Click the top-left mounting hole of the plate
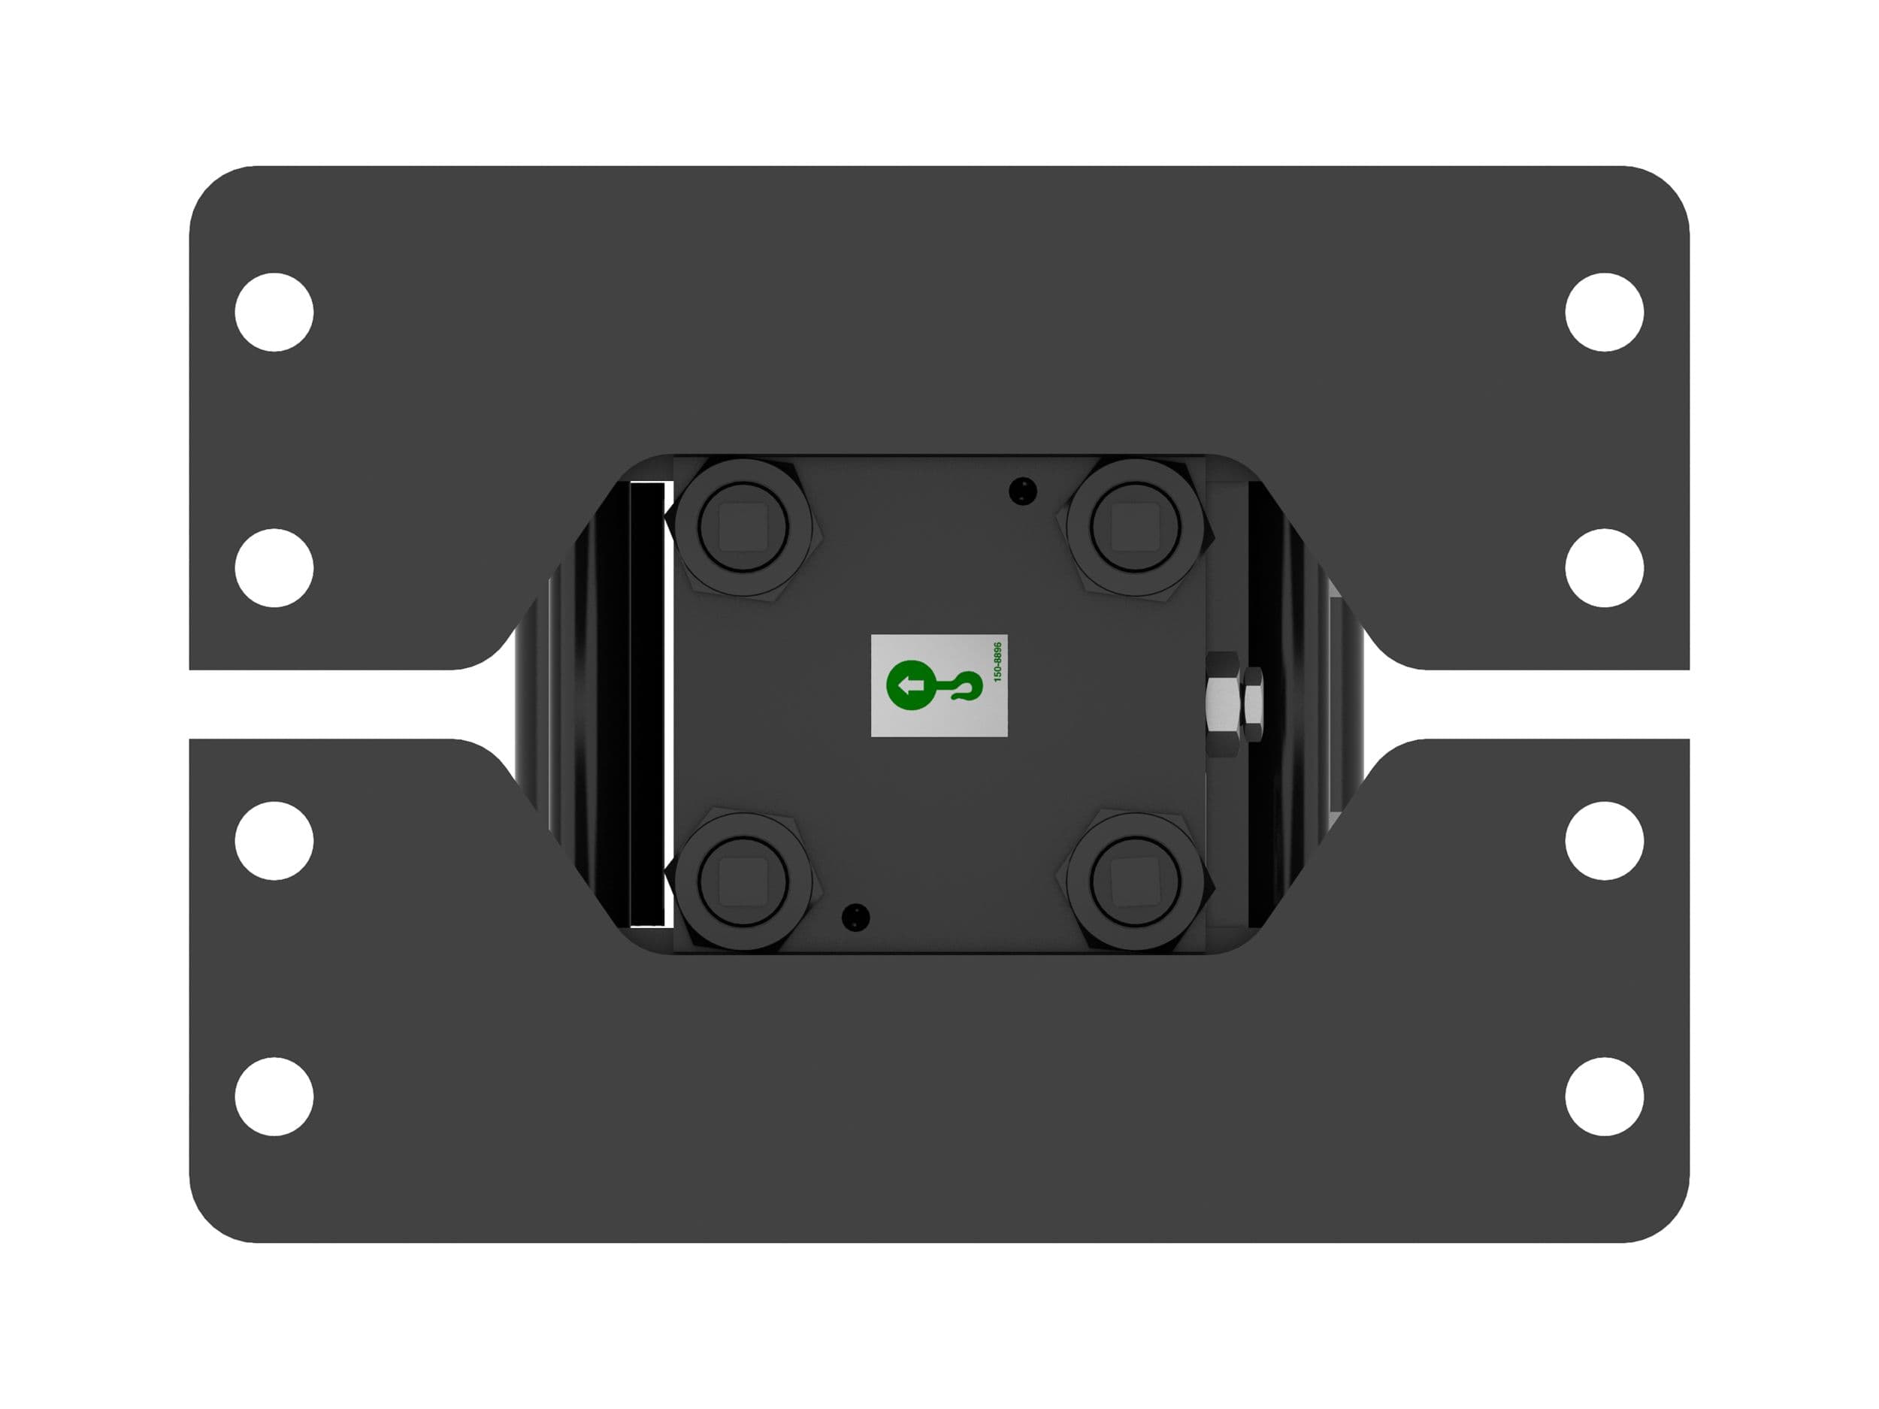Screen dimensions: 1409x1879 click(x=274, y=312)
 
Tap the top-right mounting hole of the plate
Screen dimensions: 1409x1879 click(x=1604, y=312)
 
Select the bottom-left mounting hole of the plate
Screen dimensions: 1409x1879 click(x=274, y=1096)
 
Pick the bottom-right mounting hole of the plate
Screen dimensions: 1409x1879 click(x=1604, y=1096)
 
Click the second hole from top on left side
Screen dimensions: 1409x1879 click(x=274, y=567)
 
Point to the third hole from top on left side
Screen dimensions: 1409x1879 click(x=274, y=841)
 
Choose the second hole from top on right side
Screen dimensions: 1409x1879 click(x=1604, y=567)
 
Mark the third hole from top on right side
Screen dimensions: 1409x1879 click(x=1604, y=841)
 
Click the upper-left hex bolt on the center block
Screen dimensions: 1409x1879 click(x=743, y=528)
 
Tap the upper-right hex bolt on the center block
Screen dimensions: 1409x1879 click(x=1136, y=528)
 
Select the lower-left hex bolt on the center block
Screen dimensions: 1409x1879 click(x=743, y=880)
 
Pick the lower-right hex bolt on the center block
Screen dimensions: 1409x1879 click(x=1136, y=880)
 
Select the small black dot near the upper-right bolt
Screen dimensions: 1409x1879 click(x=1022, y=490)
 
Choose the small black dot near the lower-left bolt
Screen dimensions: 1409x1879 click(x=855, y=916)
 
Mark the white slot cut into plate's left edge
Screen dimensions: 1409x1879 click(x=340, y=704)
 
